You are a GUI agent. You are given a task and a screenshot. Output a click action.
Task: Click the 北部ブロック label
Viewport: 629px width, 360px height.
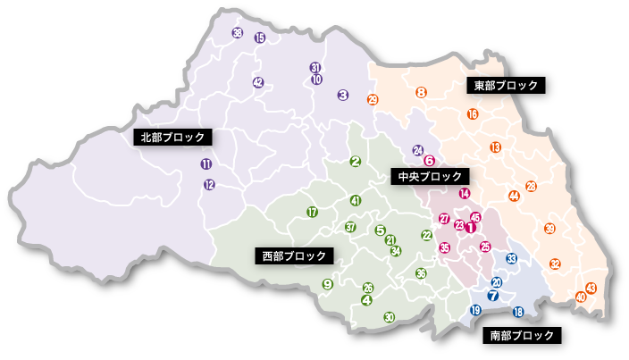click(x=173, y=138)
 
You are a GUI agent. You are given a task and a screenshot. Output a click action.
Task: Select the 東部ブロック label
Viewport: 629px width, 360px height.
click(x=505, y=86)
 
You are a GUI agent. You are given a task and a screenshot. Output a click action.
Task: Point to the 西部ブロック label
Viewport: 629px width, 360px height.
click(x=293, y=255)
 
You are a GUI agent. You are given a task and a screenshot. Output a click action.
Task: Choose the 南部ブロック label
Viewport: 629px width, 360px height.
click(x=523, y=336)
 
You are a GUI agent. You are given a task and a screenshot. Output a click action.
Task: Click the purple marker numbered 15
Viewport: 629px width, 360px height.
click(x=260, y=38)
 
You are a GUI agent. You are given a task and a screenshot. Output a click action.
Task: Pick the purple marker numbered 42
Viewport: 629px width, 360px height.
click(x=258, y=82)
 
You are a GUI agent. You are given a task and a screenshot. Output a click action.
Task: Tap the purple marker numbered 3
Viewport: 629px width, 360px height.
click(x=342, y=95)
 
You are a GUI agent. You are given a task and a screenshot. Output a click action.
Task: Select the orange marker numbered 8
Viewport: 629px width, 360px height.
click(x=421, y=93)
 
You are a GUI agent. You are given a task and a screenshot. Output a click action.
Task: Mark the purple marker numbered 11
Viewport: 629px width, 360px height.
click(x=206, y=164)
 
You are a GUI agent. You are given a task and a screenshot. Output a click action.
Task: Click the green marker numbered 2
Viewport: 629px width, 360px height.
click(x=355, y=162)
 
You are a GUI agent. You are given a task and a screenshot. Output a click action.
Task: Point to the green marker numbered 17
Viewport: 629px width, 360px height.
click(x=312, y=213)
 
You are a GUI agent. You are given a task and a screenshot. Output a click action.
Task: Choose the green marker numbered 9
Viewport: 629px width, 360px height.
click(x=327, y=284)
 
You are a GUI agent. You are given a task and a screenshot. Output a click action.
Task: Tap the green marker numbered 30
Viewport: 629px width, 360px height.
click(x=389, y=317)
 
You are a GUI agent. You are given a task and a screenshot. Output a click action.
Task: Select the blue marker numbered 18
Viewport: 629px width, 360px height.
click(x=518, y=312)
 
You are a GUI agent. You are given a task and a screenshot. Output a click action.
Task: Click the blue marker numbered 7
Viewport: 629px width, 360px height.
click(x=492, y=296)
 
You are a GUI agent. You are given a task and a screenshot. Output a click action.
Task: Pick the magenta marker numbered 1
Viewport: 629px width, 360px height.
click(x=470, y=228)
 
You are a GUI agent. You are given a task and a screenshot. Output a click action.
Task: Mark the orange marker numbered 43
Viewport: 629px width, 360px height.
click(x=591, y=287)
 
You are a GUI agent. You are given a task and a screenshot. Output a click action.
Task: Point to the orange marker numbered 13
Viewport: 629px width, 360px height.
click(x=496, y=147)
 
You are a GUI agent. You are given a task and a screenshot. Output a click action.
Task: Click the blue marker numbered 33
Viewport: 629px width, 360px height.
click(x=511, y=259)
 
